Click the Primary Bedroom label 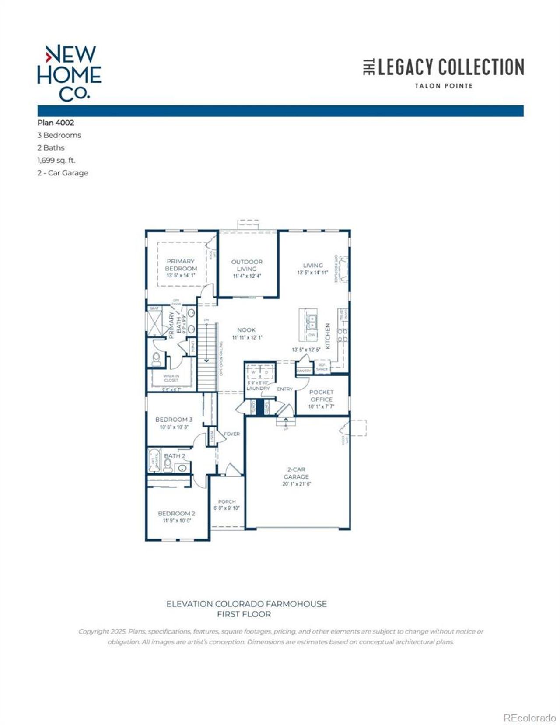point(181,265)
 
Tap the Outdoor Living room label point(247,265)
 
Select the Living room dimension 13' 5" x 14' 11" point(312,273)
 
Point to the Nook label point(246,330)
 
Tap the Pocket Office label point(321,396)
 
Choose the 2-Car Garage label point(296,473)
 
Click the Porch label point(227,501)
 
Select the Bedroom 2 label point(176,513)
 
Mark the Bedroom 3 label point(174,419)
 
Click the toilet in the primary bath point(156,359)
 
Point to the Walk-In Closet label point(171,378)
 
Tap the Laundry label point(258,388)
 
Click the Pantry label point(304,371)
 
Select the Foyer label point(231,434)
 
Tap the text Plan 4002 point(56,123)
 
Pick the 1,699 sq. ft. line point(56,160)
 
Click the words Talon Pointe point(444,86)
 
